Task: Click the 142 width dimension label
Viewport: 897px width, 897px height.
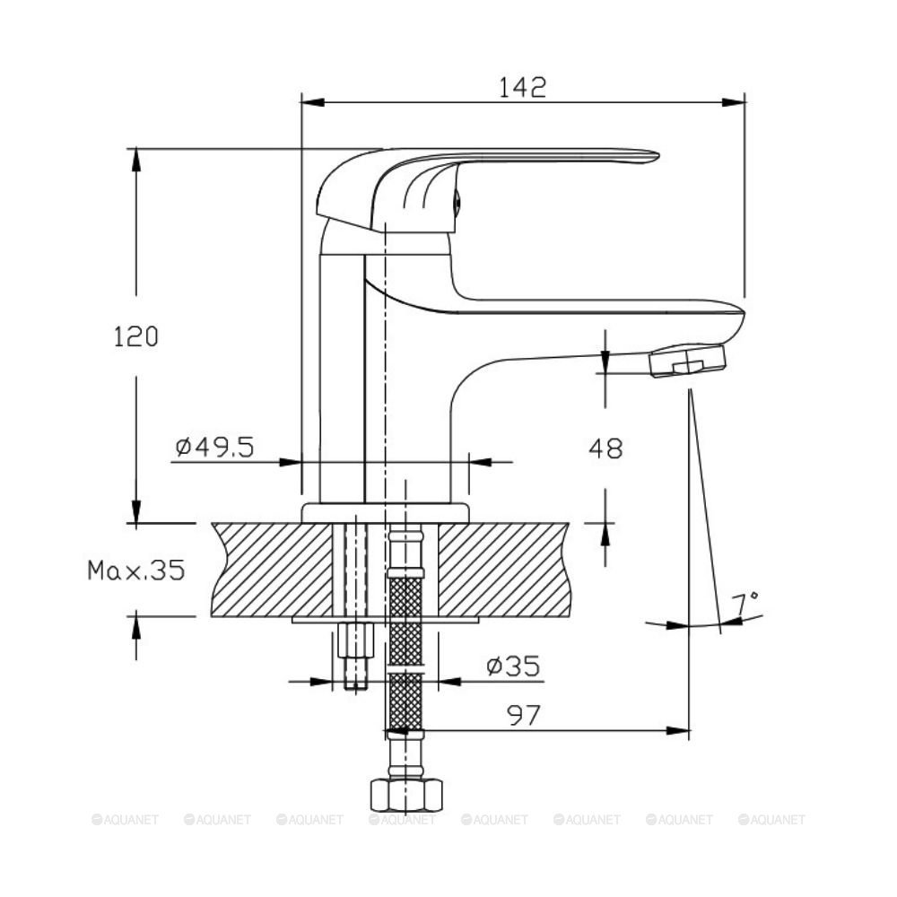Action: [x=523, y=87]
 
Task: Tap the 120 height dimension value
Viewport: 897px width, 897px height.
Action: [x=135, y=336]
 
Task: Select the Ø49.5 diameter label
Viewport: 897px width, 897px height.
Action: [x=214, y=447]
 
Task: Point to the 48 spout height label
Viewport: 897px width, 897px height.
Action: [x=605, y=448]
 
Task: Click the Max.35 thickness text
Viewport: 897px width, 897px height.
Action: [x=136, y=570]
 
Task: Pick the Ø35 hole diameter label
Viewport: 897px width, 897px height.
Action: [x=513, y=666]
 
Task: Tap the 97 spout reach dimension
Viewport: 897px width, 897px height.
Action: [x=524, y=715]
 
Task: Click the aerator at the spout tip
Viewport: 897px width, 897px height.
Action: [x=687, y=361]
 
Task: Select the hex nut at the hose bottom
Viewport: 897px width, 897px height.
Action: [x=406, y=795]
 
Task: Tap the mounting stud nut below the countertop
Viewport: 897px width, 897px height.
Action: [x=356, y=640]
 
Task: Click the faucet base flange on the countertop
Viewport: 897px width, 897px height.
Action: [x=385, y=513]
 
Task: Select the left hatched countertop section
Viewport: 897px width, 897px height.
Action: [x=273, y=570]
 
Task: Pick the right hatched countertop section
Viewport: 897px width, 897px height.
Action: [x=504, y=570]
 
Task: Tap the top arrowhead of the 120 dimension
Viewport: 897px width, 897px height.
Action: [x=136, y=161]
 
